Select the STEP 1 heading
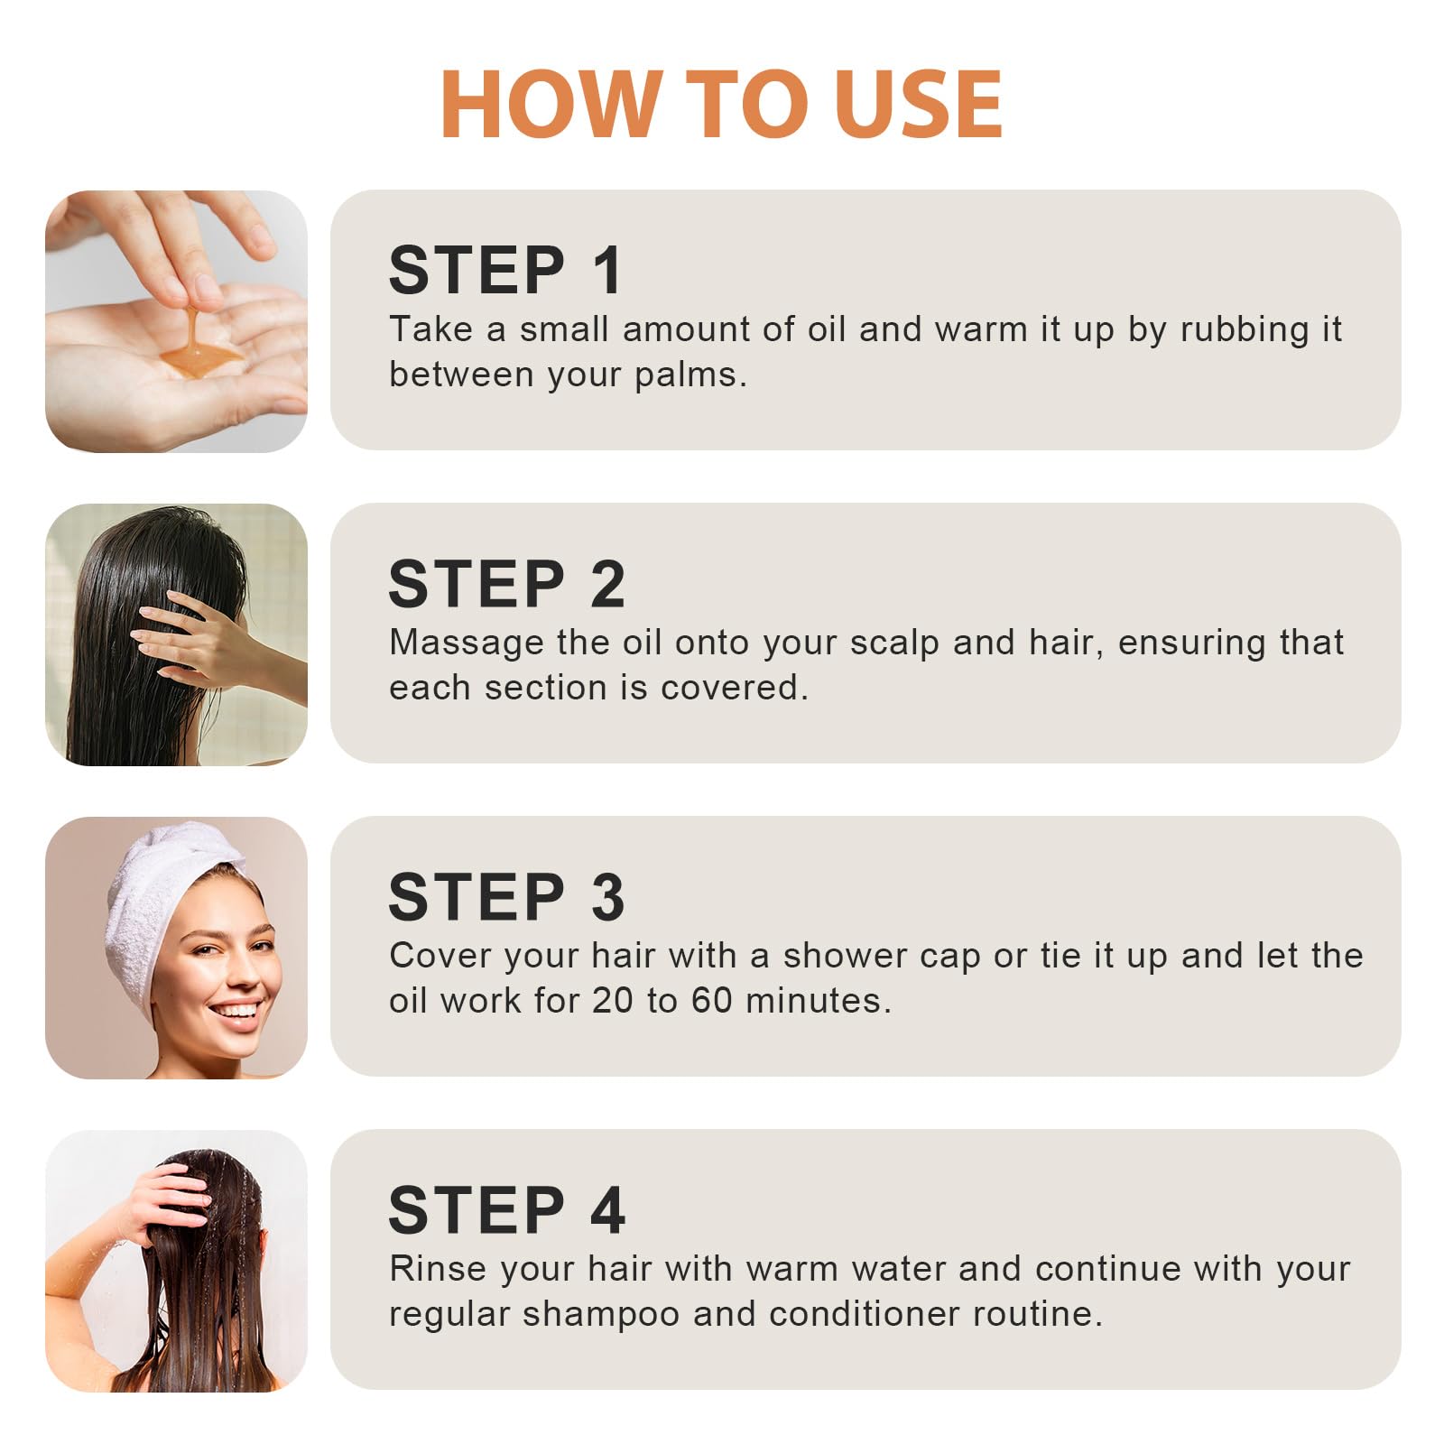(505, 270)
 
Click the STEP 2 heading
(506, 583)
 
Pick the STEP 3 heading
(506, 896)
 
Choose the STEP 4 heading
(506, 1209)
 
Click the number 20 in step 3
(612, 1000)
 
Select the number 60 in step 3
(711, 1000)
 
